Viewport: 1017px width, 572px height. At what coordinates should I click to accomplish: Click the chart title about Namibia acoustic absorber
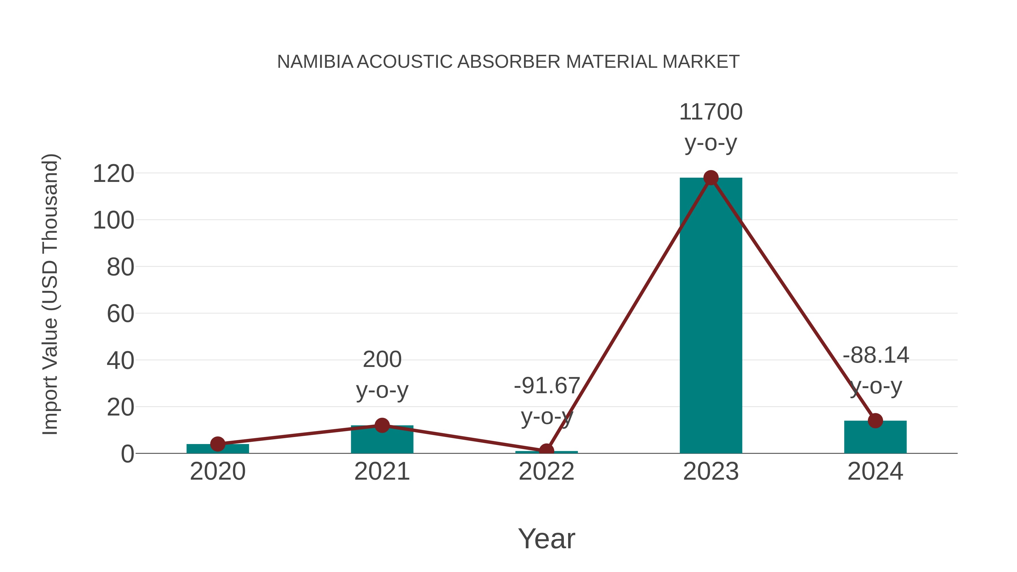coord(508,62)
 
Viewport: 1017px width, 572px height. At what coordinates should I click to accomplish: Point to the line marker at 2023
coord(711,178)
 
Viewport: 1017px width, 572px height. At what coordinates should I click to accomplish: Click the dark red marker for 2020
coord(218,444)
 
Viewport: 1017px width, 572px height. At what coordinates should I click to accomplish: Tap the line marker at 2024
coord(875,421)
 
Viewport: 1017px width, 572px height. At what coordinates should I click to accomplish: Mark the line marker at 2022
coord(546,451)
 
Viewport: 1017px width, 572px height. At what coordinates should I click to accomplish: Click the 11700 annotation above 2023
coord(711,112)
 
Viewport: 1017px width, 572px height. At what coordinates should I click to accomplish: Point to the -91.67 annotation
coord(546,386)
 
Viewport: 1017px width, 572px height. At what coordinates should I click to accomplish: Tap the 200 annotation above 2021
coord(382,360)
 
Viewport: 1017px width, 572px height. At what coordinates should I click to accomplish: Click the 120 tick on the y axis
coord(113,174)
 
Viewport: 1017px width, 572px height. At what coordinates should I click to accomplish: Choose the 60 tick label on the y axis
coord(120,314)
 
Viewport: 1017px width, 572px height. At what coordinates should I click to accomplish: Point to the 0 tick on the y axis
coord(127,454)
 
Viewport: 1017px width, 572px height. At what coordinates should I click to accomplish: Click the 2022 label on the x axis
coord(546,471)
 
